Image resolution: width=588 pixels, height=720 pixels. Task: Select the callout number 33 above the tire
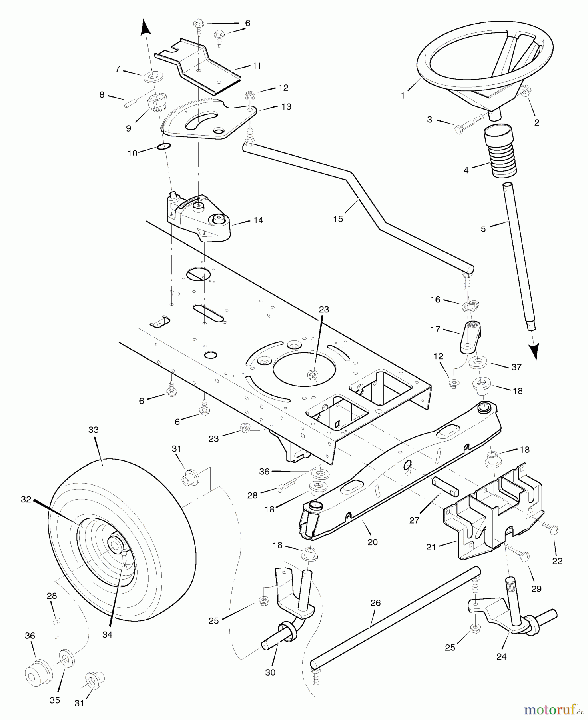(93, 430)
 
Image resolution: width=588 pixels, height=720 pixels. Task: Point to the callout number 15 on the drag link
(338, 219)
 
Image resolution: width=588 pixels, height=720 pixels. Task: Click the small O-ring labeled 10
(164, 146)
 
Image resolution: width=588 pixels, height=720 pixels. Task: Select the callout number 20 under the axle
(373, 542)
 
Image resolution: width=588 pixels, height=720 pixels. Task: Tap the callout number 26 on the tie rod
(375, 603)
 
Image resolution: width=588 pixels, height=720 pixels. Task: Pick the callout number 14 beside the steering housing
(258, 220)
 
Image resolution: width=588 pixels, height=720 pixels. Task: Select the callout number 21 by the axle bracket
(431, 547)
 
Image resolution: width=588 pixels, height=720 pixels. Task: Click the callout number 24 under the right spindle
(501, 656)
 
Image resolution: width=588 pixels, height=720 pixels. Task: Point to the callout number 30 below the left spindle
(270, 672)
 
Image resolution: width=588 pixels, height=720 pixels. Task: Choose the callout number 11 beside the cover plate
(257, 66)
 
